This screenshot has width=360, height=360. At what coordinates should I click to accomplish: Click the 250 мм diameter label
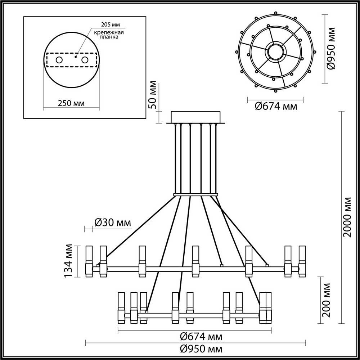[71, 103]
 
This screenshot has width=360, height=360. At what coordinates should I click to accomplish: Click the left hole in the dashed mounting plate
[59, 60]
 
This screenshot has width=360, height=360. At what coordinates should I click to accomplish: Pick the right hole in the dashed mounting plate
[85, 60]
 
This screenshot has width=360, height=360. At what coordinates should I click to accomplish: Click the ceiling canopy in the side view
[196, 117]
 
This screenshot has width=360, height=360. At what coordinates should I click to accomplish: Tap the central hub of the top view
[276, 51]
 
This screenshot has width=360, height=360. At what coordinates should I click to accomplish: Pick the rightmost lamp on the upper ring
[302, 261]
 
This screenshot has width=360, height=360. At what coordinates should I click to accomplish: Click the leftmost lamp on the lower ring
[122, 308]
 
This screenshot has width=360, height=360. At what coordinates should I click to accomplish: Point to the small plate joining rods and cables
[196, 195]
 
